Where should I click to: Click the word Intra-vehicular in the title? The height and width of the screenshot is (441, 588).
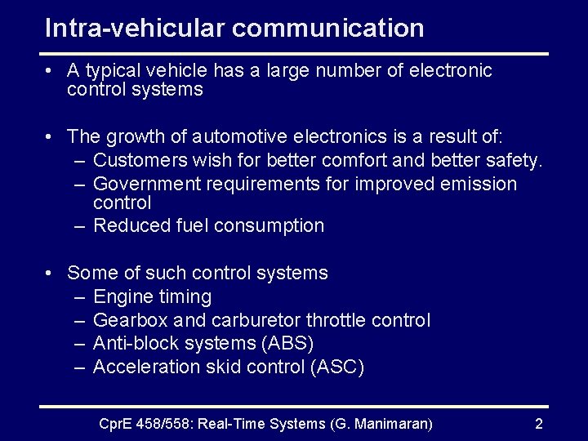pos(135,28)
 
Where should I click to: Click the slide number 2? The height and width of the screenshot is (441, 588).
pos(538,423)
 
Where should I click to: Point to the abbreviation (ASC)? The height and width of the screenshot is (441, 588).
pos(337,367)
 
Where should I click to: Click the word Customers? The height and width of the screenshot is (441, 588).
pos(138,160)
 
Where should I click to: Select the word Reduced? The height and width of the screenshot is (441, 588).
pos(127,225)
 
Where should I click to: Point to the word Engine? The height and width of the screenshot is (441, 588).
pos(121,296)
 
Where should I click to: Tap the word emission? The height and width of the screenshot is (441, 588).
pos(479,184)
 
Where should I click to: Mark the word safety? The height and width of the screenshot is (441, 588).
pos(515,160)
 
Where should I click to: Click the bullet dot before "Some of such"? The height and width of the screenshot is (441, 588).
pos(51,274)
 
